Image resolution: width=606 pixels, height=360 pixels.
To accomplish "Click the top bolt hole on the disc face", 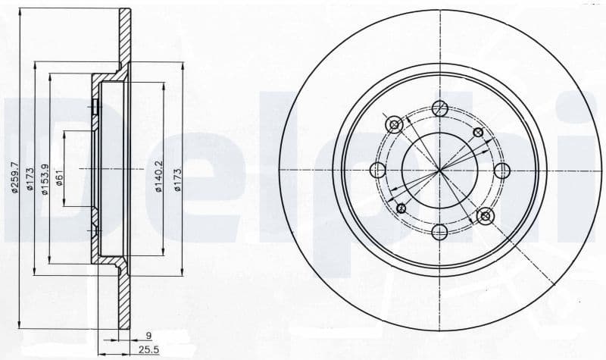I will tap(439, 109).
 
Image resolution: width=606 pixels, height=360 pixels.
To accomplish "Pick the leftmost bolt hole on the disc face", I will tap(376, 171).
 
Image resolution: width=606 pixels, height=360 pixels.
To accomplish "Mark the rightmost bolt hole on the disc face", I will tap(501, 171).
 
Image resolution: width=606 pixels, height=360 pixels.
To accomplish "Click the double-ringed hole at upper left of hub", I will tap(393, 124).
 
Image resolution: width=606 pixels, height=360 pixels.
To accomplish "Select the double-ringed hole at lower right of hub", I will tap(486, 217).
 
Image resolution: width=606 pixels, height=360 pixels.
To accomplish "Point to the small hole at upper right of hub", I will tap(477, 133).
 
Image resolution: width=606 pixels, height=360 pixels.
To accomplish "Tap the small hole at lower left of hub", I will tap(401, 208).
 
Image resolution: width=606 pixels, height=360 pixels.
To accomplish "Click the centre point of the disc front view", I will tap(439, 171).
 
